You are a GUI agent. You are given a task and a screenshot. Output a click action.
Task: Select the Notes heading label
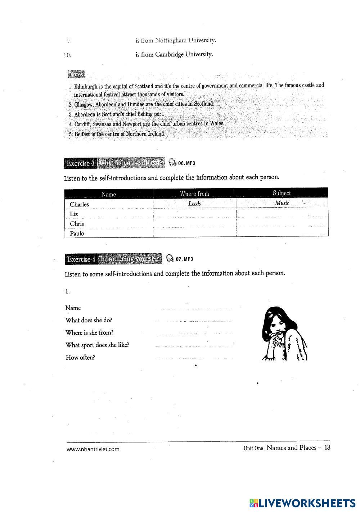pos(76,74)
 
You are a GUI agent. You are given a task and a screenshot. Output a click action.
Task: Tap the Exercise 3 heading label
pos(81,163)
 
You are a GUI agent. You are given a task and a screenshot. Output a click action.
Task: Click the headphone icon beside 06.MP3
pos(172,163)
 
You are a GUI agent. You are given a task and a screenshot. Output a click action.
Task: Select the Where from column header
pos(194,194)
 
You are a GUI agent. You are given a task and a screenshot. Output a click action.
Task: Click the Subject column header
pos(282,193)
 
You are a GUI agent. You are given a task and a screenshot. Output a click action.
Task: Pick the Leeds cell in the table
pos(194,204)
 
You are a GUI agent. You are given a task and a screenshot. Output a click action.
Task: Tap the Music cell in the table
pos(282,203)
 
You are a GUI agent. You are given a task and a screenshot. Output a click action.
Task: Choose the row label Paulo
pos(77,233)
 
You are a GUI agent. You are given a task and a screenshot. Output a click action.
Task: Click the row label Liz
pos(74,214)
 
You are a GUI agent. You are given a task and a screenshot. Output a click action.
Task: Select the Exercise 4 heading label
pos(81,259)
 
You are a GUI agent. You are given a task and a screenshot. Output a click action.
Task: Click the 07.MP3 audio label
pos(184,259)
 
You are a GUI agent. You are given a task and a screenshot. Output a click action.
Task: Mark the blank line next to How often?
pos(194,358)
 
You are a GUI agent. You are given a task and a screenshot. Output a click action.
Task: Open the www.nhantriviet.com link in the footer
pos(93,449)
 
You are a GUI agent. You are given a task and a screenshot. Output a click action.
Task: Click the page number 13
pos(327,448)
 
